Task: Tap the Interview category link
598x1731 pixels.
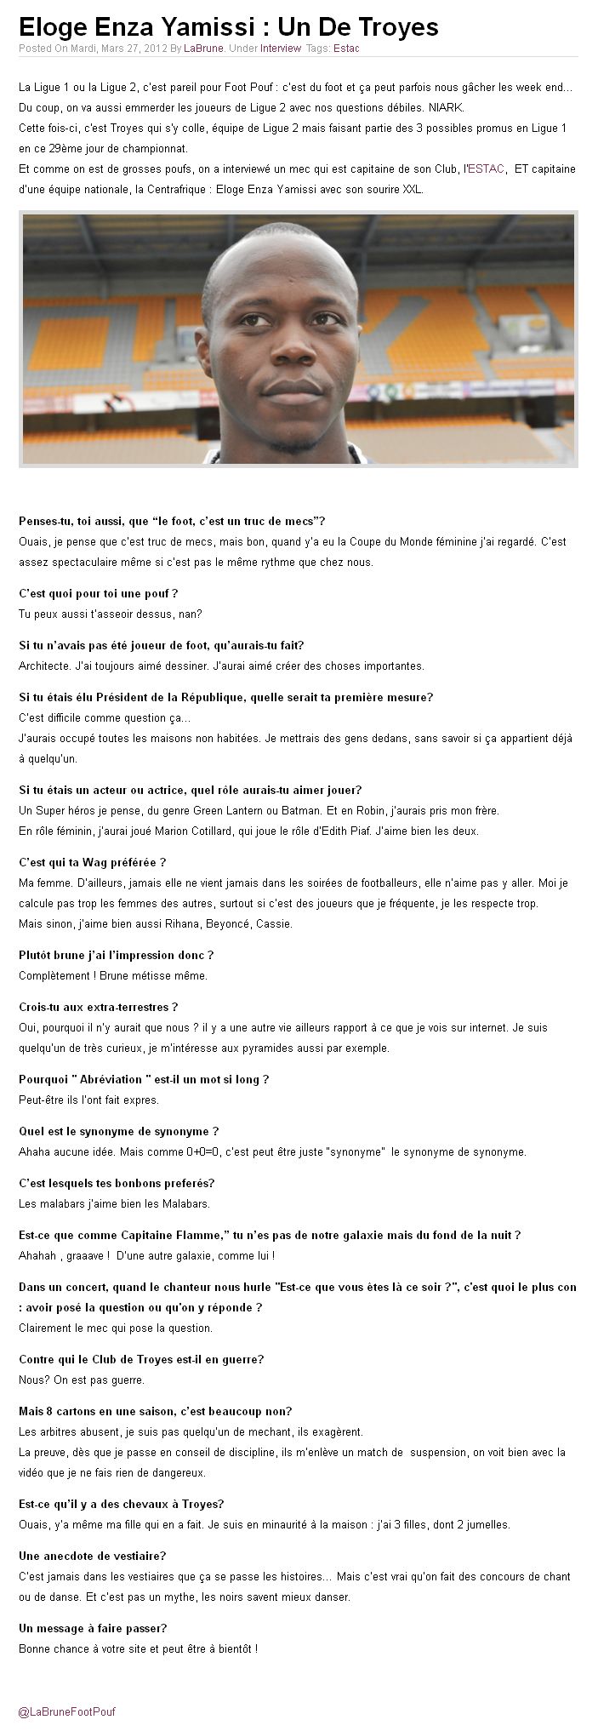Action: point(281,49)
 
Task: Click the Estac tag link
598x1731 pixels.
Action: point(346,49)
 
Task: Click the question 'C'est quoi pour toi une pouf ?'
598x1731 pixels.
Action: point(98,593)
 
